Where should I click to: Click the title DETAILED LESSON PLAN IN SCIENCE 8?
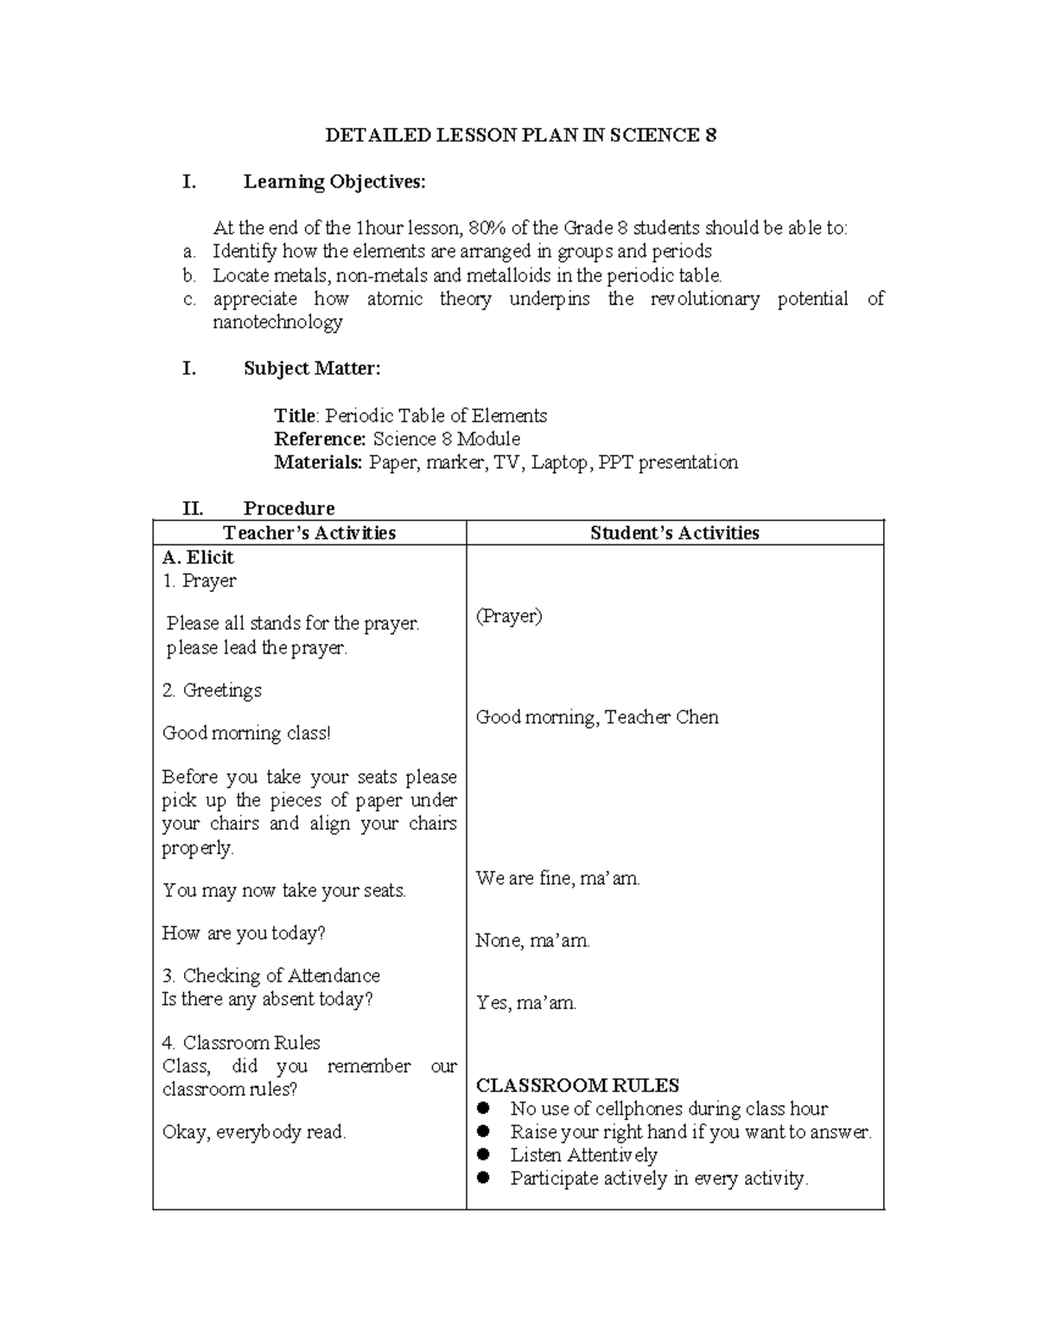click(520, 136)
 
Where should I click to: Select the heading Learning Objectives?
click(334, 182)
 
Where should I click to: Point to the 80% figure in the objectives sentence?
click(487, 228)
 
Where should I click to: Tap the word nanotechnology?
click(277, 322)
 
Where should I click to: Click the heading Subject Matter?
click(311, 369)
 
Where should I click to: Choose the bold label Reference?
click(320, 439)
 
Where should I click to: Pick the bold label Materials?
click(318, 462)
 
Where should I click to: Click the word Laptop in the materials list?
click(561, 462)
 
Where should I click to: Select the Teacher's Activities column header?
click(309, 533)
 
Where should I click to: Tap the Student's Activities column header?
click(675, 533)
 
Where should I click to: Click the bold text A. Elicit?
click(198, 557)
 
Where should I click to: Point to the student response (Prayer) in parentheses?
click(509, 616)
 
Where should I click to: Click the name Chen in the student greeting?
click(697, 717)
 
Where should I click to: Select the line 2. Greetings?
click(212, 690)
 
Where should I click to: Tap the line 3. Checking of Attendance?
click(271, 976)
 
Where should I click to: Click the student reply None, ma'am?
click(532, 940)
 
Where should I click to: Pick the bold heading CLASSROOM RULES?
click(578, 1085)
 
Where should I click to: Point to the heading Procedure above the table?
click(289, 508)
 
